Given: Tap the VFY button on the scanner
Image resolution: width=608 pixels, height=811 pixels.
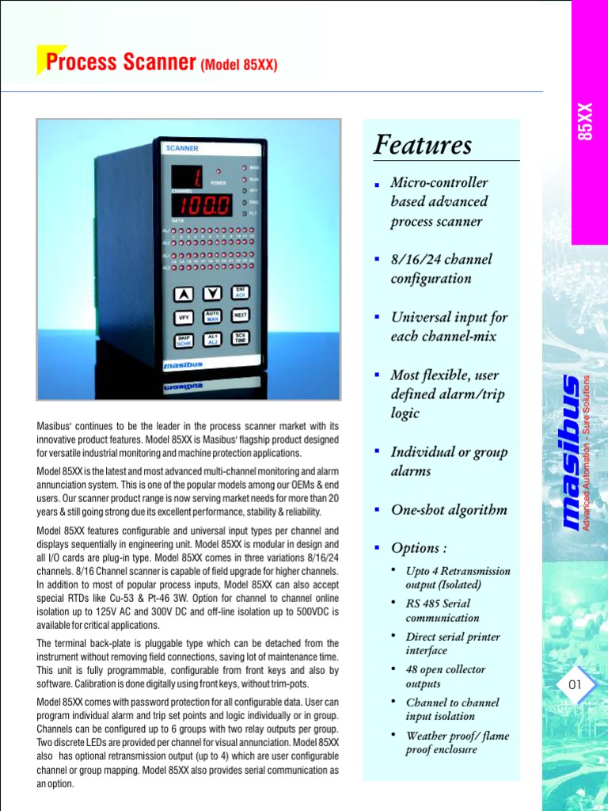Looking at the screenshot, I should tap(184, 317).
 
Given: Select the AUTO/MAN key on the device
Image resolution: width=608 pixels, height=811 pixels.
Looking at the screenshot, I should tap(212, 316).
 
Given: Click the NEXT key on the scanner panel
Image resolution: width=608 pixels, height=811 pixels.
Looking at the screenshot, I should tap(241, 315).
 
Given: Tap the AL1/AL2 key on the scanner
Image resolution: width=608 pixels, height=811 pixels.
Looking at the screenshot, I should tap(212, 339).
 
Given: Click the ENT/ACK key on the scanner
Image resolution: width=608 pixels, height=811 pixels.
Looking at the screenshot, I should tap(241, 292).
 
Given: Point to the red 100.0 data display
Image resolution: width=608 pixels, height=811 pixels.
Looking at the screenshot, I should tap(203, 206).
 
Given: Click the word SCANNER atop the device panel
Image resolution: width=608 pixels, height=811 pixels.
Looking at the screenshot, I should tap(182, 148).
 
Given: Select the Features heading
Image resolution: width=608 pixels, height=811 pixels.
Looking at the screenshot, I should tap(423, 145).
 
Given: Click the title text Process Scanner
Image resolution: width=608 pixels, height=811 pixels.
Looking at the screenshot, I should tap(121, 63).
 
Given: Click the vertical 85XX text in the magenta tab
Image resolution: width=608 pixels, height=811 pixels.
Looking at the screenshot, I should tap(585, 119).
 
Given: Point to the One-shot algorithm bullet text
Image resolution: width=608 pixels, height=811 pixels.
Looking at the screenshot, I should tap(448, 509).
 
